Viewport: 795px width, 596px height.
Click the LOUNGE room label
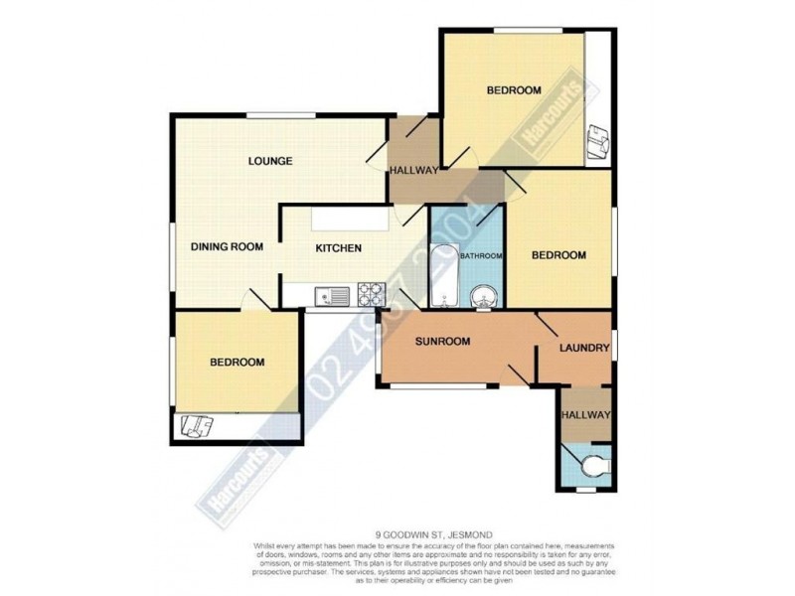[x=270, y=161]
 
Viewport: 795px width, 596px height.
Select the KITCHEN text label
[x=338, y=248]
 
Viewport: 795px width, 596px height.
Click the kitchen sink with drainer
[x=328, y=295]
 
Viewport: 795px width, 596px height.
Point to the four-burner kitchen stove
[x=371, y=294]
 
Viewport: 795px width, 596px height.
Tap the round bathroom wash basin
[x=484, y=295]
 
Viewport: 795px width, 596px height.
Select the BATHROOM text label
[x=481, y=256]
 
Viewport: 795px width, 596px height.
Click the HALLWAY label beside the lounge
[x=413, y=171]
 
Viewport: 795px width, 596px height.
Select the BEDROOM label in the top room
[x=513, y=91]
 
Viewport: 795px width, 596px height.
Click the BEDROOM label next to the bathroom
[x=558, y=255]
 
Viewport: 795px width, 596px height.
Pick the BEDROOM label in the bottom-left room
[x=238, y=363]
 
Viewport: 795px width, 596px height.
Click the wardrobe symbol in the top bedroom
[x=598, y=144]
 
